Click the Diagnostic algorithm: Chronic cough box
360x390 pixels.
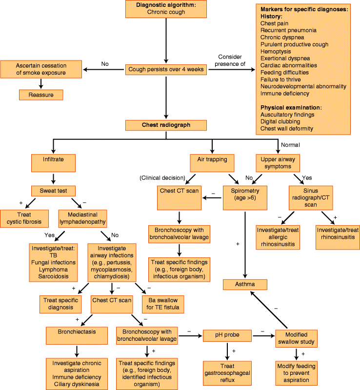click(x=166, y=8)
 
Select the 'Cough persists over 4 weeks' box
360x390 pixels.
click(x=166, y=70)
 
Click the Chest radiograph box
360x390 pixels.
click(x=166, y=125)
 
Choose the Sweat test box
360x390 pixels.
click(x=54, y=191)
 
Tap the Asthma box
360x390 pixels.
click(x=246, y=284)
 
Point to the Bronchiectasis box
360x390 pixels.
click(x=77, y=331)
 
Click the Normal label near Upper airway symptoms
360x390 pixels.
click(x=291, y=145)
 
